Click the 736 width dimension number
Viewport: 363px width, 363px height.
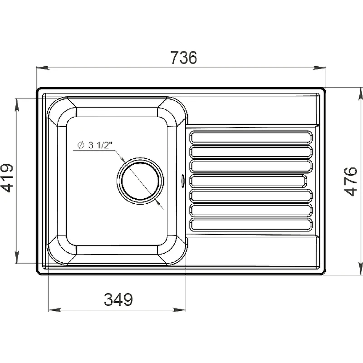click(x=184, y=58)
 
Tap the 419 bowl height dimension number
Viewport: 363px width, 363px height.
click(x=7, y=178)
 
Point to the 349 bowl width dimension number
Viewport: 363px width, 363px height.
click(x=118, y=299)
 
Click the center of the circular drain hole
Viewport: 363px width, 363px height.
click(x=140, y=181)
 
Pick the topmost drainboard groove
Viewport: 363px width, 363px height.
click(x=251, y=137)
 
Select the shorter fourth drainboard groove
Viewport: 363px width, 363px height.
click(x=248, y=181)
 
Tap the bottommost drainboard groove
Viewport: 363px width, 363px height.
click(x=251, y=224)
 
